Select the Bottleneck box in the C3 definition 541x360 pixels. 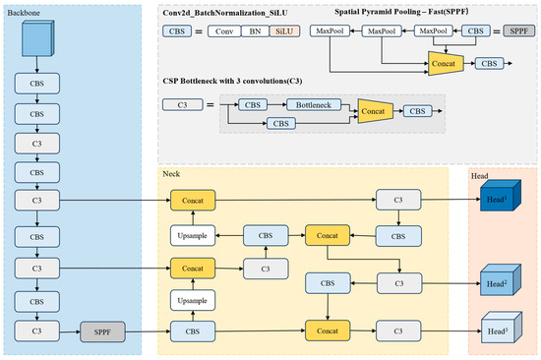313,104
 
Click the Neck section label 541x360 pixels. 171,173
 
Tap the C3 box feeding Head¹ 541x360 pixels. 400,201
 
